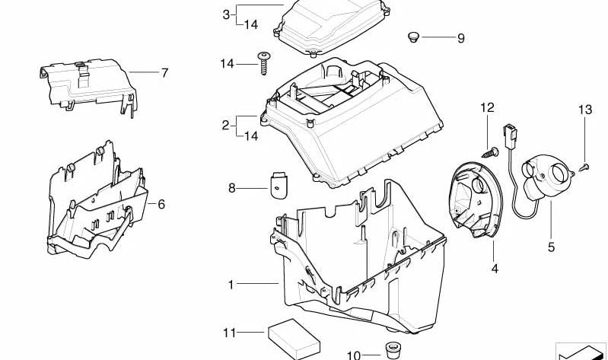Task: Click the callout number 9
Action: click(x=460, y=38)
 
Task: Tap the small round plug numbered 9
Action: click(x=414, y=37)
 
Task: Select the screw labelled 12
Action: click(x=491, y=151)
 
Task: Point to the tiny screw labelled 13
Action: click(x=584, y=167)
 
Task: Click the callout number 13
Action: click(x=585, y=110)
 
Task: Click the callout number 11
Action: click(x=229, y=333)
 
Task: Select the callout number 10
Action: click(x=354, y=355)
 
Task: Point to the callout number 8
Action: click(x=232, y=188)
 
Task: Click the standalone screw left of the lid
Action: click(x=264, y=63)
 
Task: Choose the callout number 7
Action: click(x=165, y=72)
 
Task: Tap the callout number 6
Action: click(x=161, y=204)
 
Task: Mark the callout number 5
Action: click(x=551, y=247)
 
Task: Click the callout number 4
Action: click(x=495, y=268)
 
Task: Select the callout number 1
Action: click(x=231, y=285)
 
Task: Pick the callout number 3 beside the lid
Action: click(x=226, y=14)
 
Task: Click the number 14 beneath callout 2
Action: click(x=251, y=135)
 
